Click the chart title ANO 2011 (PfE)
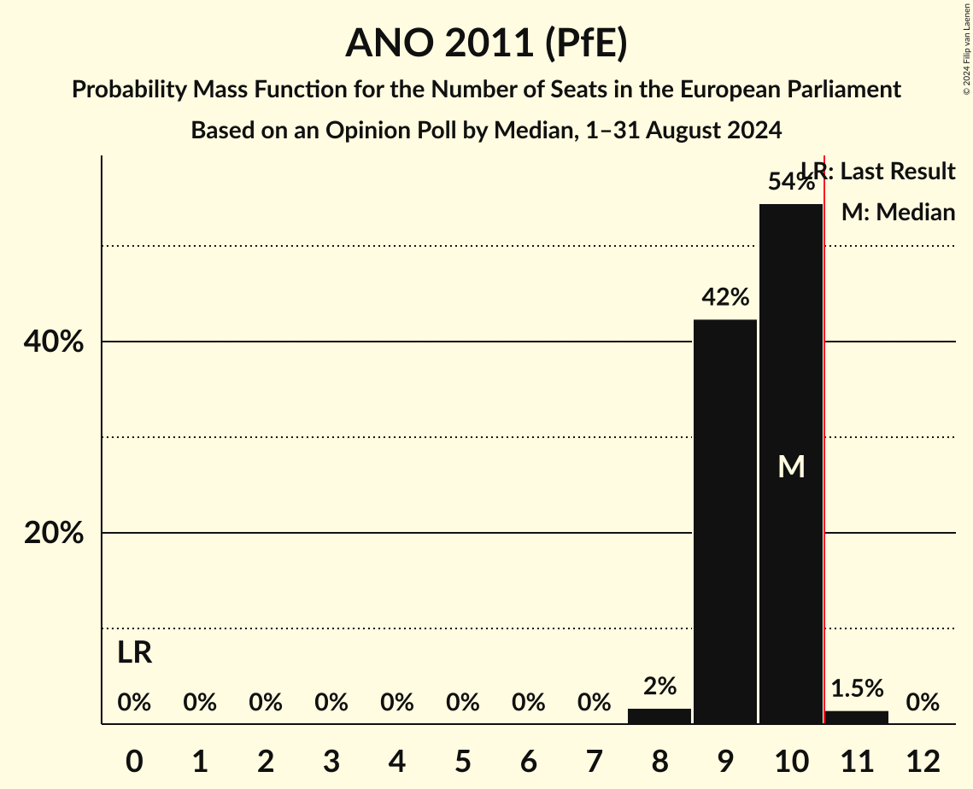486,43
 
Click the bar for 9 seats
725,521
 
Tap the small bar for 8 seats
659,716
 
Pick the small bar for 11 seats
857,717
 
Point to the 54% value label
791,182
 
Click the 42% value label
725,297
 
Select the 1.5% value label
857,687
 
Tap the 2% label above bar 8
659,686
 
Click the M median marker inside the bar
791,466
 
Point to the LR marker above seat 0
134,653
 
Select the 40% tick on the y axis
53,342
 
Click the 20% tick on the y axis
53,534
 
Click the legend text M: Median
898,212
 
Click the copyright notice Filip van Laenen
966,48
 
